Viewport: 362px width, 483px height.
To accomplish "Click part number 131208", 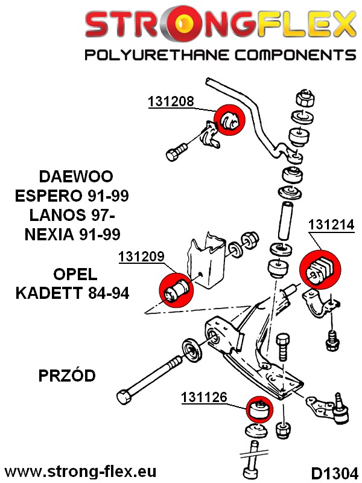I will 171,101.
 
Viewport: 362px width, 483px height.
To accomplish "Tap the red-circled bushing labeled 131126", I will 258,410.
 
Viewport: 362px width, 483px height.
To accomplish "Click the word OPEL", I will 75,275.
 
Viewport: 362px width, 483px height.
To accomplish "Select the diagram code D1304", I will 334,472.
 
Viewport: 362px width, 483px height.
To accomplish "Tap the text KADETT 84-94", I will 72,294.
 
